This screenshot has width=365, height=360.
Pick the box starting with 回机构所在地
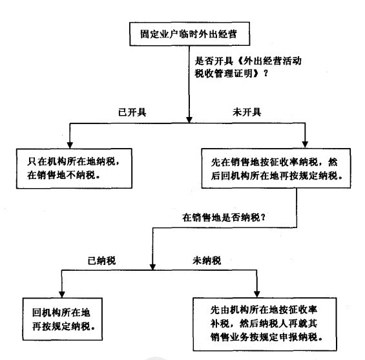tap(61, 314)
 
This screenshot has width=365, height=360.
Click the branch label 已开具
tap(132, 112)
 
